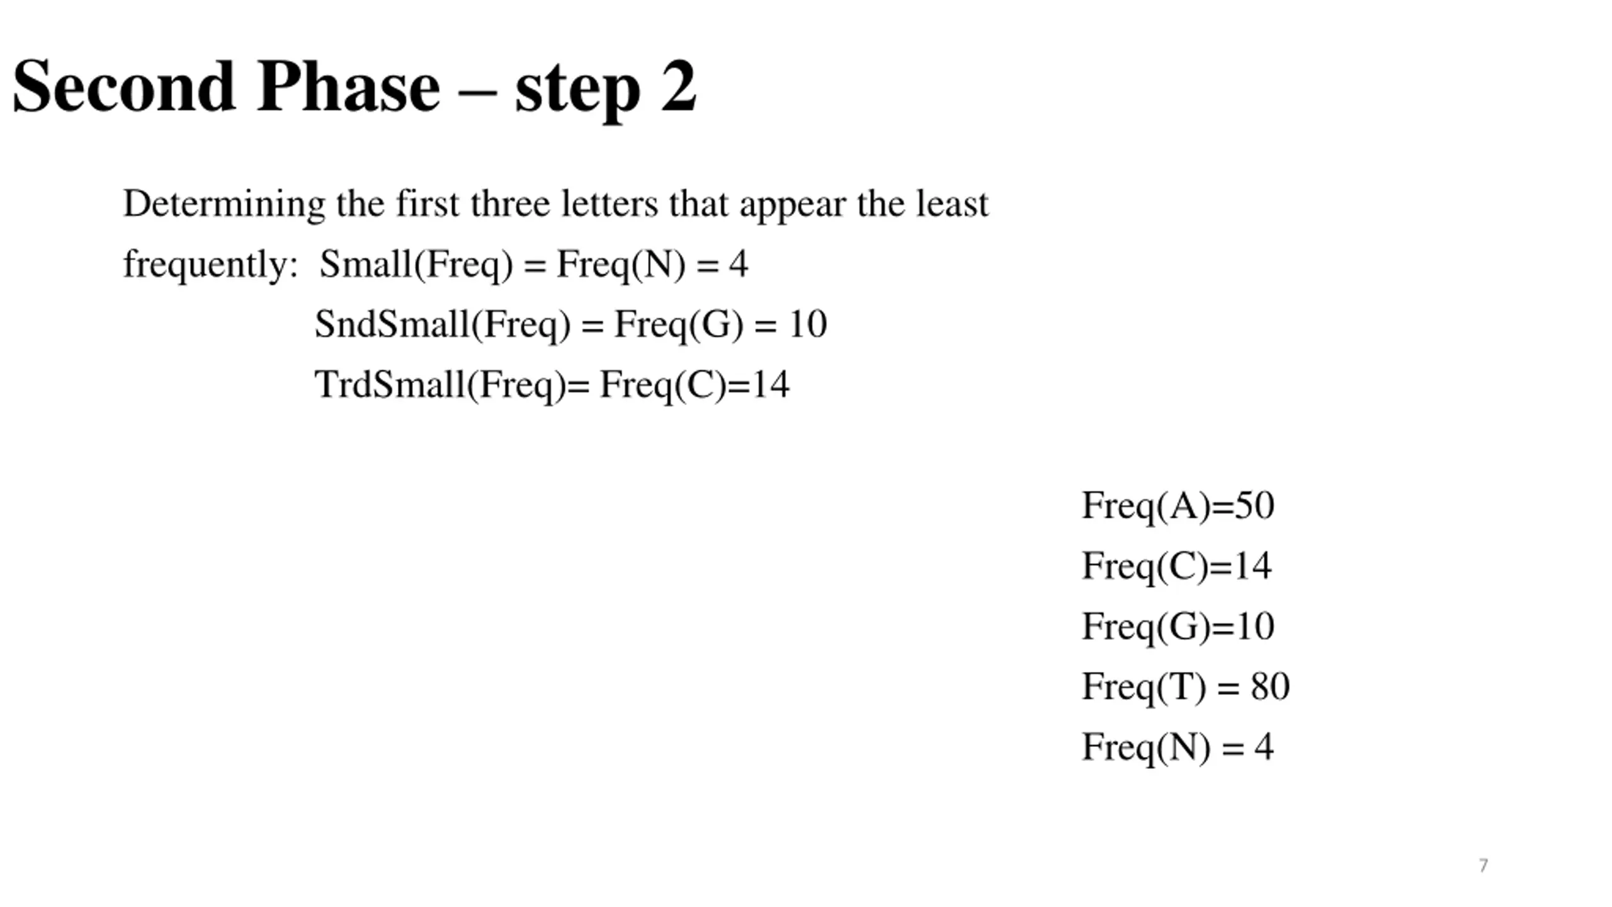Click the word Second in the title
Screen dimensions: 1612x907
124,86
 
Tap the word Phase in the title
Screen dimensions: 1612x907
349,86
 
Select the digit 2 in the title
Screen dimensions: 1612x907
679,86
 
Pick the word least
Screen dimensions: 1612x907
952,203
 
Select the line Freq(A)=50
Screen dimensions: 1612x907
1178,506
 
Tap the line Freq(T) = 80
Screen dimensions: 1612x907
1186,687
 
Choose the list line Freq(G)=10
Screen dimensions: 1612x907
1178,627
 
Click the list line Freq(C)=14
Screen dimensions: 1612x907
1176,566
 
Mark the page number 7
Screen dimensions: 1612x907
1484,865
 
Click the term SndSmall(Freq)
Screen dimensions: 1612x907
443,325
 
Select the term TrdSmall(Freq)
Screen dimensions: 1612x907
441,385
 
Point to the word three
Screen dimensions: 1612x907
510,203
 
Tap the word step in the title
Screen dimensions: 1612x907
577,92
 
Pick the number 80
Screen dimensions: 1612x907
1270,686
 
